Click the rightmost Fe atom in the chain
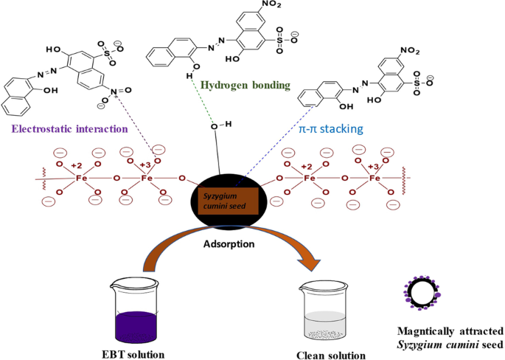(x=375, y=178)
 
